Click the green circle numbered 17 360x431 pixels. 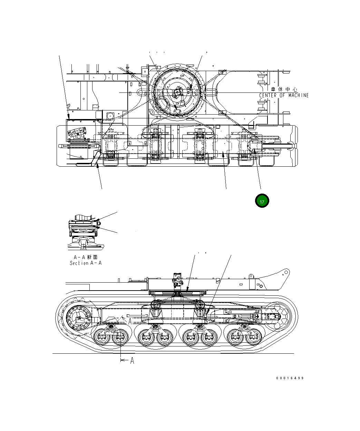coord(262,201)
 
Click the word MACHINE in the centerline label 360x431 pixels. coord(299,95)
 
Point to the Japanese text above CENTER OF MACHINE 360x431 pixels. coord(284,89)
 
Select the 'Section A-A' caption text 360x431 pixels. coord(86,263)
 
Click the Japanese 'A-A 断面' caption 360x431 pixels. coord(86,257)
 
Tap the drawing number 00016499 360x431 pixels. coord(290,378)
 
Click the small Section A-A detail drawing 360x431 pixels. coord(85,233)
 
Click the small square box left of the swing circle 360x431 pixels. coord(111,116)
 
